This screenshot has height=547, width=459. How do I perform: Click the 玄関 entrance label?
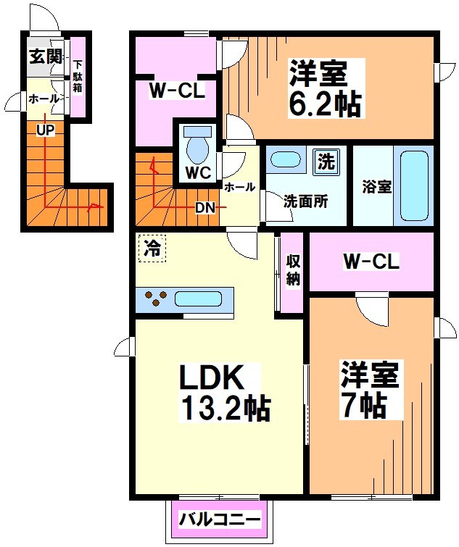click(x=44, y=57)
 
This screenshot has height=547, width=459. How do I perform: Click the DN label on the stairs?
click(x=205, y=208)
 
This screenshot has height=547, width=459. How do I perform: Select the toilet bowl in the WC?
click(x=197, y=146)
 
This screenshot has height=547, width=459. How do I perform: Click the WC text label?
click(x=197, y=174)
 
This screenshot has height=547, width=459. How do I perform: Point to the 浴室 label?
click(x=377, y=186)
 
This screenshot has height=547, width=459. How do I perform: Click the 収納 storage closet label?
click(x=292, y=270)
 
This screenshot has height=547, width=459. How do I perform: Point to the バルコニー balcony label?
click(x=220, y=520)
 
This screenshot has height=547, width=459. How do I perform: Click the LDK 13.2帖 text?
click(x=224, y=394)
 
